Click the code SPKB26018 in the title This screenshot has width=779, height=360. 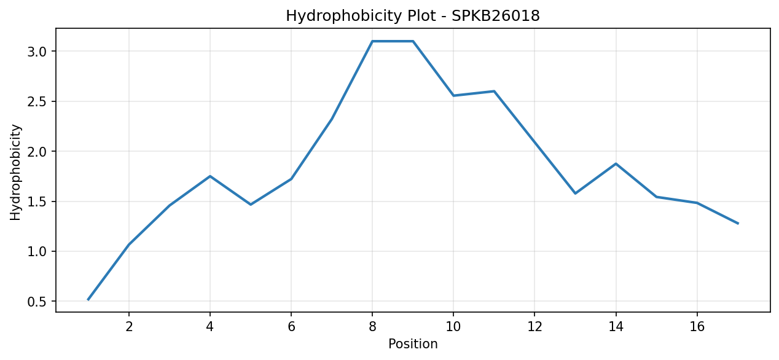pyautogui.click(x=496, y=16)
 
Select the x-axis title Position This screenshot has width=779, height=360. pyautogui.click(x=413, y=344)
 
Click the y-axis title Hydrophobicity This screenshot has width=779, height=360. pyautogui.click(x=15, y=172)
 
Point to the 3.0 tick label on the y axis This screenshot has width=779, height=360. pyautogui.click(x=37, y=52)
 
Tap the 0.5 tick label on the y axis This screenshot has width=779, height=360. pyautogui.click(x=37, y=302)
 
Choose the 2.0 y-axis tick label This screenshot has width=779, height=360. pyautogui.click(x=37, y=152)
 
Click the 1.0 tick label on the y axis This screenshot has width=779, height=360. pyautogui.click(x=37, y=251)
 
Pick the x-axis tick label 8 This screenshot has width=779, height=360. pyautogui.click(x=372, y=327)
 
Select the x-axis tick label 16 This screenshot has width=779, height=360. pyautogui.click(x=697, y=327)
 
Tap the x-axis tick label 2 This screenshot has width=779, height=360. pyautogui.click(x=129, y=327)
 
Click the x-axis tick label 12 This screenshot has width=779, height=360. pyautogui.click(x=534, y=327)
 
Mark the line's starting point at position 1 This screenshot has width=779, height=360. pyautogui.click(x=88, y=299)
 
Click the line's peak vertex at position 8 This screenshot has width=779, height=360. pyautogui.click(x=372, y=41)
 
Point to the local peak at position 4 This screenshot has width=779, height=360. pyautogui.click(x=210, y=176)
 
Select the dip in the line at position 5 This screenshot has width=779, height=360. pyautogui.click(x=251, y=205)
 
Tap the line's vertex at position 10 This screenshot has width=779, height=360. pyautogui.click(x=453, y=96)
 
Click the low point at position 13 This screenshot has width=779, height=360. pyautogui.click(x=575, y=194)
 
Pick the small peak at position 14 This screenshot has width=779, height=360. pyautogui.click(x=616, y=163)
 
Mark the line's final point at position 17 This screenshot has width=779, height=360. pyautogui.click(x=738, y=223)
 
